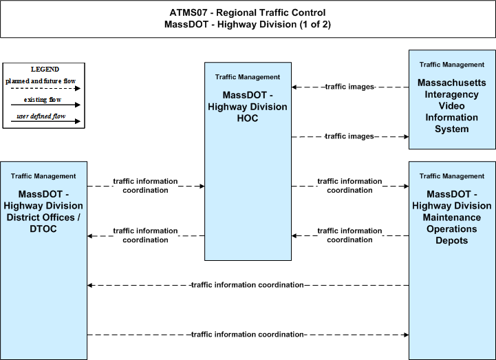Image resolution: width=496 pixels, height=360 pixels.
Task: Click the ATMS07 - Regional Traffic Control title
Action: pyautogui.click(x=248, y=12)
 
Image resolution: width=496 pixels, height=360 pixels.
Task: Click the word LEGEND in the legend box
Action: pyautogui.click(x=45, y=70)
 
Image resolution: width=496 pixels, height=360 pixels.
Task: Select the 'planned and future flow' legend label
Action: pyautogui.click(x=41, y=81)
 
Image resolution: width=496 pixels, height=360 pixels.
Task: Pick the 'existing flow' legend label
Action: pyautogui.click(x=43, y=100)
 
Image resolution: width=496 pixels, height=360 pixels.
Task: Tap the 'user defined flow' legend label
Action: pyautogui.click(x=41, y=116)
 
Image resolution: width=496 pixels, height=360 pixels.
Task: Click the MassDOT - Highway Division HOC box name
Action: pyautogui.click(x=248, y=107)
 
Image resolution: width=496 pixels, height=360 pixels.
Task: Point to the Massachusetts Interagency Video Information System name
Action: pyautogui.click(x=452, y=106)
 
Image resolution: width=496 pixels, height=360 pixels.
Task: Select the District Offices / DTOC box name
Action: pyautogui.click(x=43, y=211)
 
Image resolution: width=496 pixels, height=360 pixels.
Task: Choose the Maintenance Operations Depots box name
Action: pyautogui.click(x=452, y=218)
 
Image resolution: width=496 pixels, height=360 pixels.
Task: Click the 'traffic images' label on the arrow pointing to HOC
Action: pyautogui.click(x=349, y=87)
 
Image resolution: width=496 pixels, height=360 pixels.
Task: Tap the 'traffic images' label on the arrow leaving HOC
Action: pyautogui.click(x=349, y=136)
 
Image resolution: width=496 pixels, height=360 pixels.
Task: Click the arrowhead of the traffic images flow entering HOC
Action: pyautogui.click(x=294, y=87)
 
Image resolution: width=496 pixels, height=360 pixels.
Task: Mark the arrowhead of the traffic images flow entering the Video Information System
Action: pyautogui.click(x=406, y=137)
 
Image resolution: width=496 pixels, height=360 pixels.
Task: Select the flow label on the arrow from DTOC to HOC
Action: pyautogui.click(x=146, y=186)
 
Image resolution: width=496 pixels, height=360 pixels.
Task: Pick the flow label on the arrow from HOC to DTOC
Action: pyautogui.click(x=146, y=235)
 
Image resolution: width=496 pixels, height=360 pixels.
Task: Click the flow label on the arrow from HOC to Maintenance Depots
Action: pyautogui.click(x=349, y=186)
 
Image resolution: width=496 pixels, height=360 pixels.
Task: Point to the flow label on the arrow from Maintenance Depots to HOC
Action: pyautogui.click(x=349, y=235)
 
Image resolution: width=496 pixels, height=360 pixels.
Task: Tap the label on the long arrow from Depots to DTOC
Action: pyautogui.click(x=248, y=285)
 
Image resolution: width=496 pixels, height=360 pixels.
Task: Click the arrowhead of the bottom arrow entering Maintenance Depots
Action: pyautogui.click(x=406, y=335)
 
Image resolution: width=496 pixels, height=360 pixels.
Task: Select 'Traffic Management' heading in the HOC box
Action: pyautogui.click(x=248, y=77)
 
